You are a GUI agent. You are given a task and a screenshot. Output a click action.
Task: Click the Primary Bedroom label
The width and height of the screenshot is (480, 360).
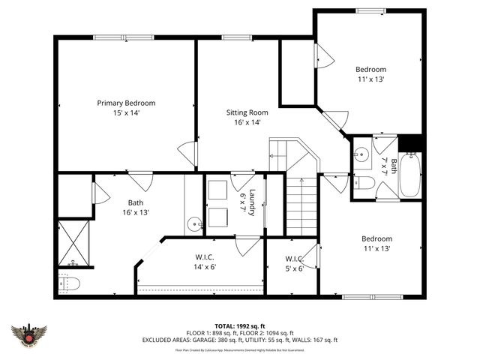click(x=126, y=107)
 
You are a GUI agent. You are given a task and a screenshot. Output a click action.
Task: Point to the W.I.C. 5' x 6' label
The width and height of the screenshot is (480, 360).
click(x=294, y=264)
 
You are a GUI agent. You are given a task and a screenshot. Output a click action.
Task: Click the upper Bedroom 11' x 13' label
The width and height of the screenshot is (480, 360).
click(x=370, y=74)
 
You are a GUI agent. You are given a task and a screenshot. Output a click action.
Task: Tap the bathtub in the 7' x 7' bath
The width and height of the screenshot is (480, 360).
click(x=410, y=175)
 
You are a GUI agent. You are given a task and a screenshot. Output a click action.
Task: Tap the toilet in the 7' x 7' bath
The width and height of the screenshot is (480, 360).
click(x=363, y=182)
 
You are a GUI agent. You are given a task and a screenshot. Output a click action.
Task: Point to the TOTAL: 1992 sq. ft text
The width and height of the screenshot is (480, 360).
click(x=240, y=326)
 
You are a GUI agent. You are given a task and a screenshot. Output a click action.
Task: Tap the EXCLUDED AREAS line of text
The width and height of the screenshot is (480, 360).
click(x=240, y=340)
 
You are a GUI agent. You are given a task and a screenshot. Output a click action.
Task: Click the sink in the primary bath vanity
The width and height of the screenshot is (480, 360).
click(x=195, y=223)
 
